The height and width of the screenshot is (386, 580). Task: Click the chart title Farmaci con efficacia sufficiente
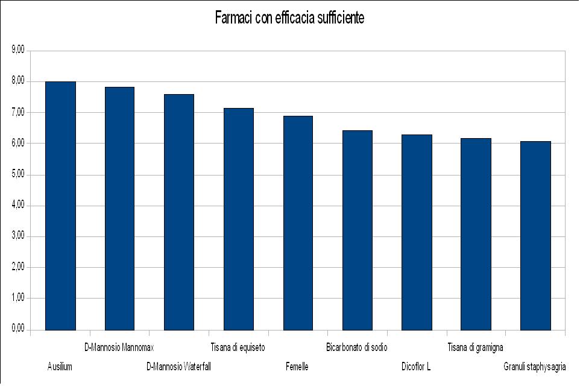pyautogui.click(x=289, y=18)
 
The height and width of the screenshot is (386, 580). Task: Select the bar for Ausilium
pyautogui.click(x=60, y=206)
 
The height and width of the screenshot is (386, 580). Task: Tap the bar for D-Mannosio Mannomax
pyautogui.click(x=119, y=209)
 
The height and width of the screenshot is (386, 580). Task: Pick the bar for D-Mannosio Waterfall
pyautogui.click(x=179, y=212)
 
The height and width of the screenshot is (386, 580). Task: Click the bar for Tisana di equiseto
pyautogui.click(x=239, y=219)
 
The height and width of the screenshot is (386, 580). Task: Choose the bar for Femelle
pyautogui.click(x=298, y=223)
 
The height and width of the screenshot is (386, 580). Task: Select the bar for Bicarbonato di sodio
pyautogui.click(x=358, y=230)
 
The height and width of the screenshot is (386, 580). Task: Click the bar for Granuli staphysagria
pyautogui.click(x=535, y=236)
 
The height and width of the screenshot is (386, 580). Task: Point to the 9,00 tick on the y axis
pyautogui.click(x=17, y=50)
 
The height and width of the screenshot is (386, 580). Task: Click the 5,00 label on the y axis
pyautogui.click(x=17, y=174)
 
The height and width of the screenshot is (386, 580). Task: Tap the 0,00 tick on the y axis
pyautogui.click(x=17, y=329)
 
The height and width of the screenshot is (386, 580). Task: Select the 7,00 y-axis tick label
pyautogui.click(x=17, y=112)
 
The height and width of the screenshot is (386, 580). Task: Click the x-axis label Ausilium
pyautogui.click(x=60, y=367)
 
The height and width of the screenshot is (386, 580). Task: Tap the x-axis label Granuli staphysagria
pyautogui.click(x=535, y=367)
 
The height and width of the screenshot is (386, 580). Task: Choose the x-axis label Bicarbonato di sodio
pyautogui.click(x=356, y=347)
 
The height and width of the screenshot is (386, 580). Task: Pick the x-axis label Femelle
pyautogui.click(x=297, y=367)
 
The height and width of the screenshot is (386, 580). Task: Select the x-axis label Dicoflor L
pyautogui.click(x=416, y=367)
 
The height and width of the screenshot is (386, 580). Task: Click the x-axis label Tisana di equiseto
pyautogui.click(x=238, y=347)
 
